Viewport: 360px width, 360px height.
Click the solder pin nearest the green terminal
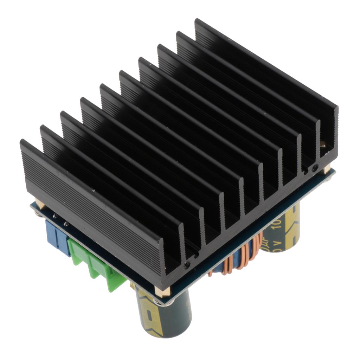(66, 224)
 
